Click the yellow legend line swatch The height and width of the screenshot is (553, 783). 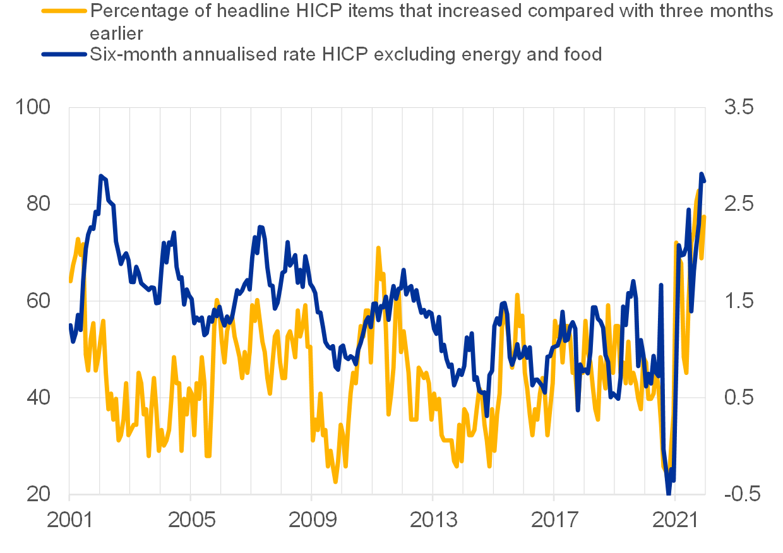pos(64,11)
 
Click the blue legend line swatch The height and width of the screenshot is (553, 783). pos(64,54)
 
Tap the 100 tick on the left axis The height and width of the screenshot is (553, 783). pos(35,107)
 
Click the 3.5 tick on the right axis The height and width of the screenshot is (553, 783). pos(739,107)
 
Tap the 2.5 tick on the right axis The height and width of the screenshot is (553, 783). pos(739,205)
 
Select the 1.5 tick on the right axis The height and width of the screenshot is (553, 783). pos(739,301)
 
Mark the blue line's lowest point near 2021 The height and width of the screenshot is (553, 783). pos(669,493)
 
